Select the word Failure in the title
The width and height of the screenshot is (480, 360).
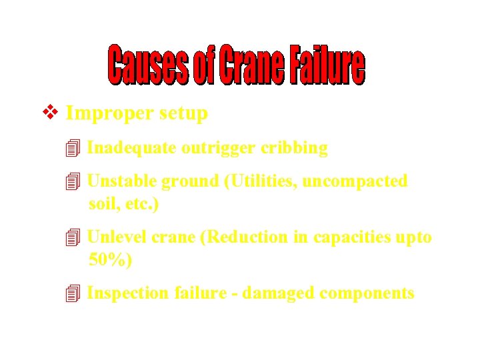click(327, 66)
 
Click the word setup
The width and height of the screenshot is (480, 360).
click(183, 114)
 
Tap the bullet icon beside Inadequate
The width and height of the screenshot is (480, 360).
click(73, 148)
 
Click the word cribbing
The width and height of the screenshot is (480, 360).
click(294, 148)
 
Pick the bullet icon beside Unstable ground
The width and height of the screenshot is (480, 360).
click(73, 181)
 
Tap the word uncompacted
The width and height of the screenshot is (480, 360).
click(355, 182)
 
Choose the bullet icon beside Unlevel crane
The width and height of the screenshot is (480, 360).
click(73, 237)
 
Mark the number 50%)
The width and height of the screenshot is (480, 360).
click(111, 260)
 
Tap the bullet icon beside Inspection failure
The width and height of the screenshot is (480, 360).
click(73, 293)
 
